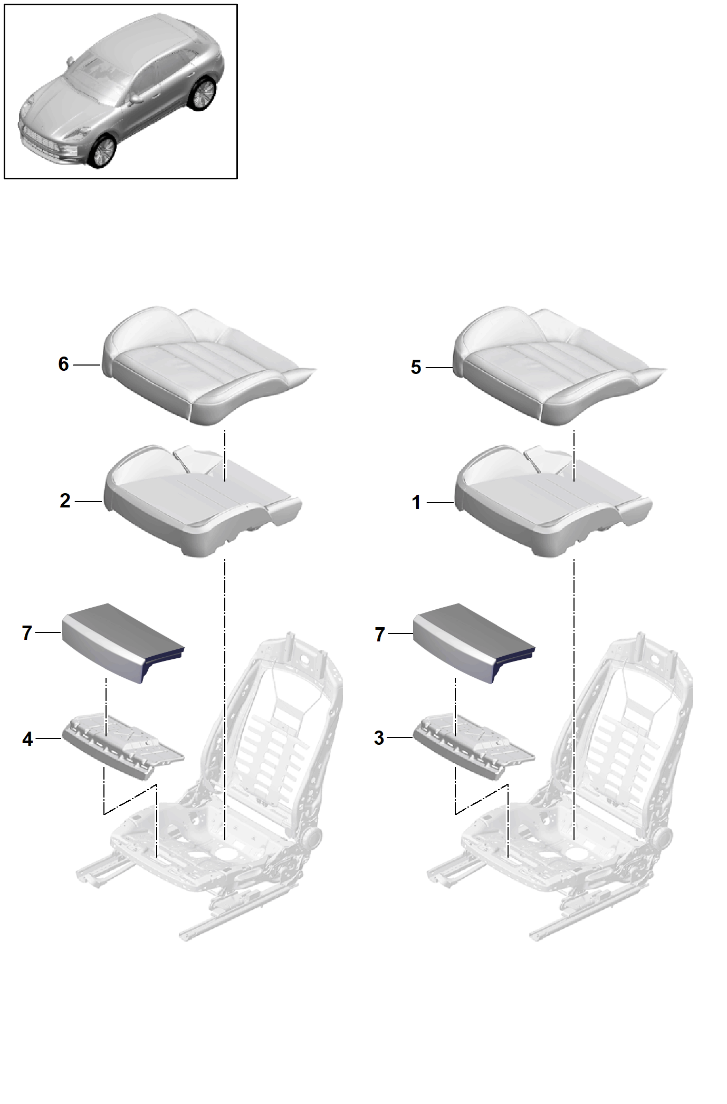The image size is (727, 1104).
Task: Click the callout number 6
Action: tap(63, 364)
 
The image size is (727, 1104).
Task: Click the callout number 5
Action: tap(416, 367)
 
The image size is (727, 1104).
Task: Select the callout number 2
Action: tap(65, 501)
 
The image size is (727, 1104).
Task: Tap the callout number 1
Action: tap(416, 503)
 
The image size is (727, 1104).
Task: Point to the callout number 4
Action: tap(27, 739)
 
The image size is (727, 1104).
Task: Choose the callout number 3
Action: tap(379, 738)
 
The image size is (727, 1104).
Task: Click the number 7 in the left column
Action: tap(27, 632)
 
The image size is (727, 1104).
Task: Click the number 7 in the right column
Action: tap(379, 634)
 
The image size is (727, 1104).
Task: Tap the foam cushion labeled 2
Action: tap(203, 501)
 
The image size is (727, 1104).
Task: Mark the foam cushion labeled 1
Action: tap(553, 502)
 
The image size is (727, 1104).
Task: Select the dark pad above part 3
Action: tap(474, 644)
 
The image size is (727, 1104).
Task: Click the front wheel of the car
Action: tap(102, 151)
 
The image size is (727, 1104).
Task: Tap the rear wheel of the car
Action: tap(203, 94)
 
